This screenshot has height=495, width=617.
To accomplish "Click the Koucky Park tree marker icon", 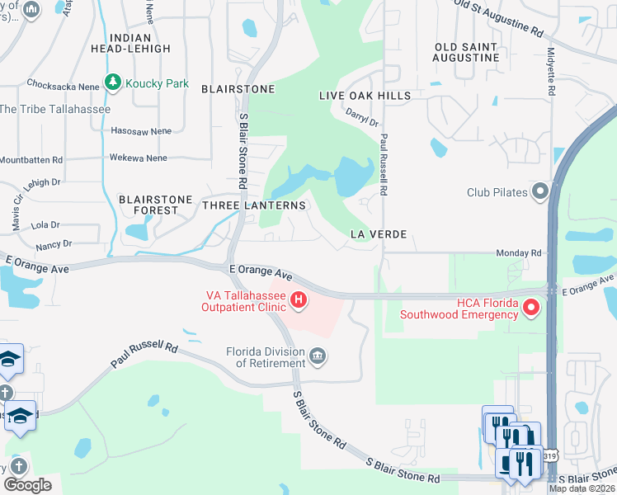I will click(114, 83).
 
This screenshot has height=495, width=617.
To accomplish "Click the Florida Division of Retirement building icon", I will click(318, 356).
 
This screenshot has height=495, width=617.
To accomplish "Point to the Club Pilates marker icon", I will click(540, 192).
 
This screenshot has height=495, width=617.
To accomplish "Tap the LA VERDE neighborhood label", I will click(378, 234).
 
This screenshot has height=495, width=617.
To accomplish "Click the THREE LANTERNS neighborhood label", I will click(254, 205).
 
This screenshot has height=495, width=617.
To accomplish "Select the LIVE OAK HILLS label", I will click(365, 96).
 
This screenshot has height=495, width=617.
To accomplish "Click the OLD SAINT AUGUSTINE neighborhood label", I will click(467, 51).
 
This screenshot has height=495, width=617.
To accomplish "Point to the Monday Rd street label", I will click(519, 253).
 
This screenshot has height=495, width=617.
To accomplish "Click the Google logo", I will click(27, 485).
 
